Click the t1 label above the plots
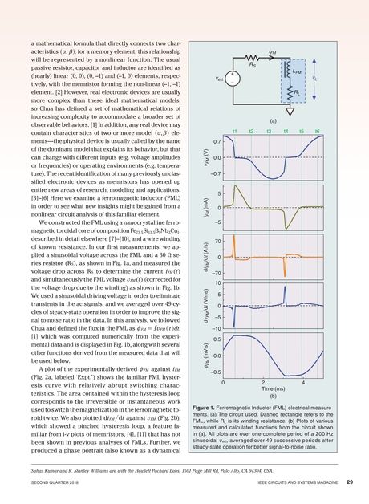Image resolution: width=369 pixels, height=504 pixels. [234, 131]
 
